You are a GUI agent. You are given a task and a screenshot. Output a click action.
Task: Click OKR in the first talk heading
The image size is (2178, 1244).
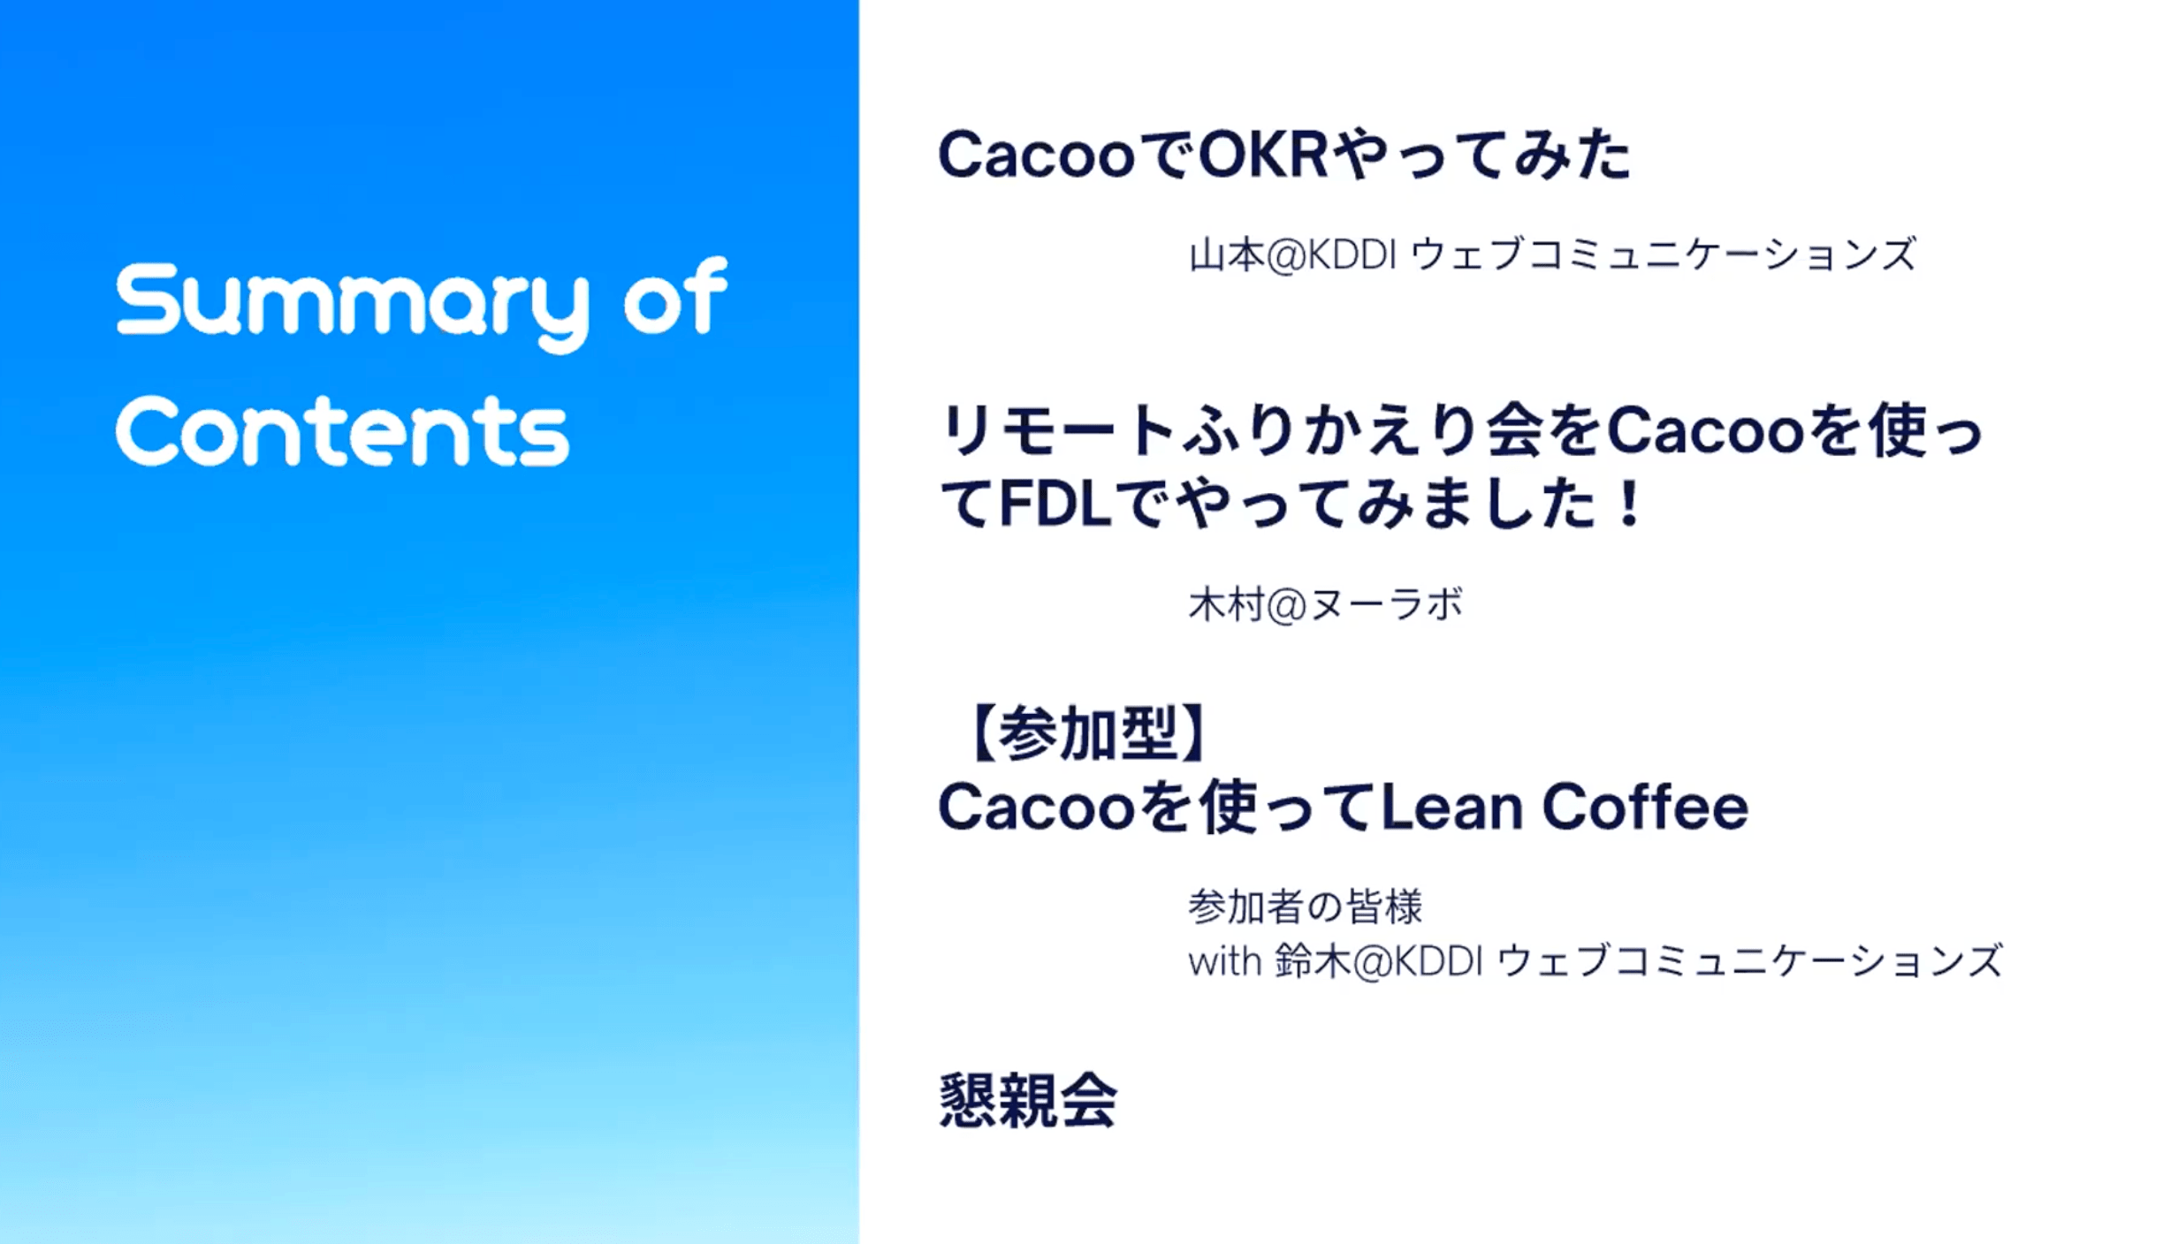click(1263, 155)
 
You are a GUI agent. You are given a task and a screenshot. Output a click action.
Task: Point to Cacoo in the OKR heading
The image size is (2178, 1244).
click(1036, 155)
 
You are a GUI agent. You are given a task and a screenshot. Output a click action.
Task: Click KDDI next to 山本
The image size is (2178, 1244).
click(1352, 255)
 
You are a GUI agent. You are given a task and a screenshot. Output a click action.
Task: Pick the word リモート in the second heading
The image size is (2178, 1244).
click(1057, 431)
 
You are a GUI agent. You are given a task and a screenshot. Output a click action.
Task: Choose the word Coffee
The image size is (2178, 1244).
click(1645, 807)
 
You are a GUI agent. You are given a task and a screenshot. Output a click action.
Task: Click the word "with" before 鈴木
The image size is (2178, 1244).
click(1224, 961)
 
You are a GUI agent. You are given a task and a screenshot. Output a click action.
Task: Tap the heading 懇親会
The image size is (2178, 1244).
click(1028, 1101)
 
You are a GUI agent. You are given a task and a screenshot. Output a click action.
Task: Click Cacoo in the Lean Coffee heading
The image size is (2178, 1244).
click(1036, 808)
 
